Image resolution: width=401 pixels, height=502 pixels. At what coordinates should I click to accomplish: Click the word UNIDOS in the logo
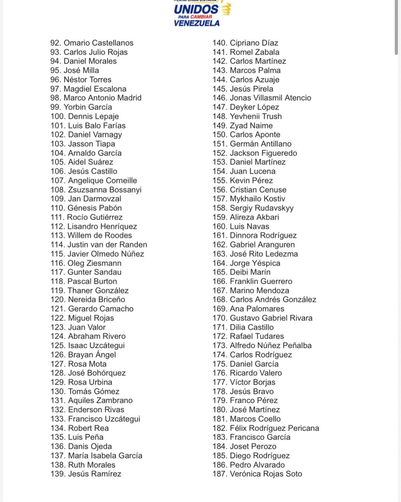196,9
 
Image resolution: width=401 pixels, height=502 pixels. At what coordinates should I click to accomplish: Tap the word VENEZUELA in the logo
196,23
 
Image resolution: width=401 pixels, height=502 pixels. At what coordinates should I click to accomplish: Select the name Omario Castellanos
98,43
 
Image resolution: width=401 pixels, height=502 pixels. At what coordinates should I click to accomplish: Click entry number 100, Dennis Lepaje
93,116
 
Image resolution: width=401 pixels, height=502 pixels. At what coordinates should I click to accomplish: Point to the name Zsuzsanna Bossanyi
105,190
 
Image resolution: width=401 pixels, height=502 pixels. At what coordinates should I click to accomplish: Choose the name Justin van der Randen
107,245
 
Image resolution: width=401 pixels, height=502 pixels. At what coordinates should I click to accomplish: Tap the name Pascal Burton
92,281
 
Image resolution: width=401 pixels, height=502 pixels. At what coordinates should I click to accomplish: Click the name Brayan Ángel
92,355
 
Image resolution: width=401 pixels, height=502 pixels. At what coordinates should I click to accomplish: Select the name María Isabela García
105,456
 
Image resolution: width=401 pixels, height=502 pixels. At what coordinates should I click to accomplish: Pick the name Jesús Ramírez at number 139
95,474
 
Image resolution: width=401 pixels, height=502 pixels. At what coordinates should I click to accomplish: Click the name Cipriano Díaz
254,43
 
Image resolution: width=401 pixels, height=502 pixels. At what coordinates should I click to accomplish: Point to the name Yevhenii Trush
256,116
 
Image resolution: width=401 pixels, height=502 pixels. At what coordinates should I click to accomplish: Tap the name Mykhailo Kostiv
257,199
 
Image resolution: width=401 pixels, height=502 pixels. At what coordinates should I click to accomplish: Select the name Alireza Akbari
254,217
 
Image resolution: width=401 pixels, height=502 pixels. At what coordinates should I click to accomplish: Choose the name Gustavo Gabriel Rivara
271,318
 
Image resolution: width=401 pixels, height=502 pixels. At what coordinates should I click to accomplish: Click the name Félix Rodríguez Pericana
274,428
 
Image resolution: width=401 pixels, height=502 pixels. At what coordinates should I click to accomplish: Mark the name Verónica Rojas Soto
266,474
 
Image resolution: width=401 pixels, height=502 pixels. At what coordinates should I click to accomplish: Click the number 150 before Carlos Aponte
219,135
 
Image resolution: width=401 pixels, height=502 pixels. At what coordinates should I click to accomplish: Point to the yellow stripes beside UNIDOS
226,9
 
